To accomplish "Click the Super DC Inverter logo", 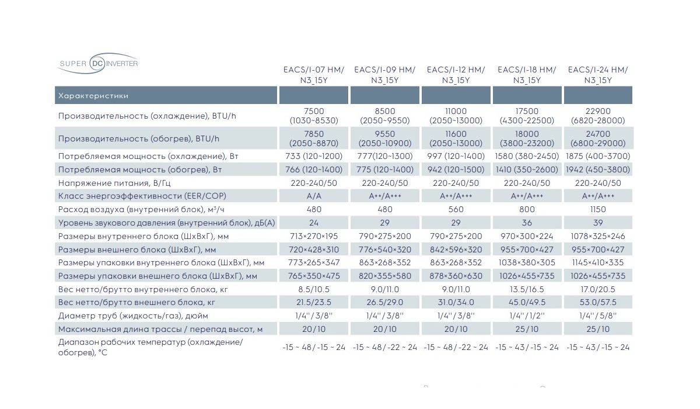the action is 97,63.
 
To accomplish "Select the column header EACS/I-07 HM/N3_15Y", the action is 314,75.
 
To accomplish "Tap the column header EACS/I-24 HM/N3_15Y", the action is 598,75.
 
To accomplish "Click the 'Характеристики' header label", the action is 93,95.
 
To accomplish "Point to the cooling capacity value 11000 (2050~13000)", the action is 456,116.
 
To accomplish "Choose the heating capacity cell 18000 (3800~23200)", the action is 527,138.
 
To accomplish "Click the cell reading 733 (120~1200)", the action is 314,156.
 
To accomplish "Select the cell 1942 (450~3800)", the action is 598,169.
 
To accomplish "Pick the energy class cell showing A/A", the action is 314,196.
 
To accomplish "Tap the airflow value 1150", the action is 598,209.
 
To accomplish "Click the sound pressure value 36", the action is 527,223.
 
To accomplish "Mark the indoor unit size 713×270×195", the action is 314,236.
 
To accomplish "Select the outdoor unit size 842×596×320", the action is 456,249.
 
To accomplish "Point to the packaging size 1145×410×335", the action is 598,262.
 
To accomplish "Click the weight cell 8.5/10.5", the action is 314,289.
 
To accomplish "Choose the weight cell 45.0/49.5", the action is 527,302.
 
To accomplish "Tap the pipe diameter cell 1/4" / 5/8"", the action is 598,316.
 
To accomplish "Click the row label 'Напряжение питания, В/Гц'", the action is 114,183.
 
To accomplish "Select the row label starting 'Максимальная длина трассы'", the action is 160,329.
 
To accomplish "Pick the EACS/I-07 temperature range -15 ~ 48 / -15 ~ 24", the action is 314,347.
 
